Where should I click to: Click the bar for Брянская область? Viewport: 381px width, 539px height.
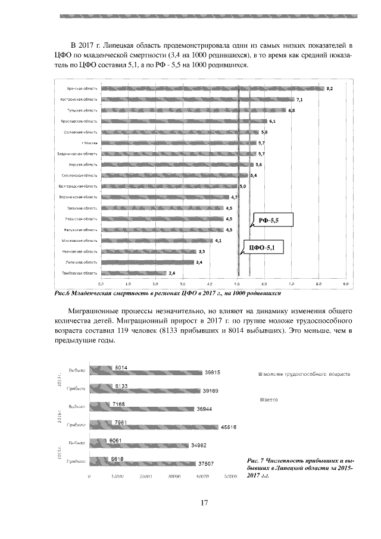pos(211,89)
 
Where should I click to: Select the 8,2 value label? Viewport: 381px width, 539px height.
pos(329,89)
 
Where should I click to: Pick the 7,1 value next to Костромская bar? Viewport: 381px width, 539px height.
pos(299,99)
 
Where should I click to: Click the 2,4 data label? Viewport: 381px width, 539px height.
pos(171,273)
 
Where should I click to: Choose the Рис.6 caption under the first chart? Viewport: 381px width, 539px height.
pos(167,293)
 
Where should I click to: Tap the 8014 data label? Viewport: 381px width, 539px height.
pos(121,367)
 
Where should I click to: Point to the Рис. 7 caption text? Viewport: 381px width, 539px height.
pos(299,469)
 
